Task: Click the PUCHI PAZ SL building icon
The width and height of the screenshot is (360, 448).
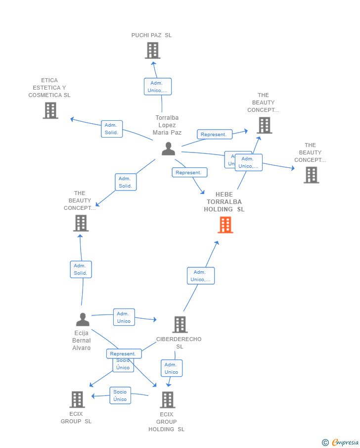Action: [x=152, y=50]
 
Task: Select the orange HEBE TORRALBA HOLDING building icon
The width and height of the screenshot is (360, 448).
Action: [x=225, y=225]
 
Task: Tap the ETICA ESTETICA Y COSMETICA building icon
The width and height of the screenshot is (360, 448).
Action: [x=50, y=110]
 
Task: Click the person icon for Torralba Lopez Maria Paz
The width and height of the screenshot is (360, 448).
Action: [x=168, y=149]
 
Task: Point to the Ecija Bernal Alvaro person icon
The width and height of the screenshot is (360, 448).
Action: [x=83, y=319]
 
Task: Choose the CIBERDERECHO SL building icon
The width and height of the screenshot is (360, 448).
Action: [x=180, y=325]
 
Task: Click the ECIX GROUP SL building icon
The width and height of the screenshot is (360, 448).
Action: [x=77, y=399]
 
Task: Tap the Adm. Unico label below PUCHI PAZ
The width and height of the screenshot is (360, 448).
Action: [x=158, y=87]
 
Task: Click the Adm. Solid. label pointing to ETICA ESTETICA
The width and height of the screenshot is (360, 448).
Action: [x=111, y=129]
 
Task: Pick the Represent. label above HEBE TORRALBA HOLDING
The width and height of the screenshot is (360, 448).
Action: [x=189, y=173]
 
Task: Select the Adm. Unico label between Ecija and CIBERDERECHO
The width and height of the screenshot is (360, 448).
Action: [x=124, y=317]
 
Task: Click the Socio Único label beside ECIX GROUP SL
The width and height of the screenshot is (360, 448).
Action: [x=120, y=396]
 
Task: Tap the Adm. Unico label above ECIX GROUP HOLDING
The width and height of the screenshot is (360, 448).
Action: [x=171, y=368]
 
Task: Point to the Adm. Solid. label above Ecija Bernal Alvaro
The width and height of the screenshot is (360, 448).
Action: [x=81, y=269]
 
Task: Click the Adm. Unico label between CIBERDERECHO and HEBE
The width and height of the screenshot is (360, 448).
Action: [x=200, y=276]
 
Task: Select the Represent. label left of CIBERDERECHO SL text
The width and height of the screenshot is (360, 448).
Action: [x=124, y=353]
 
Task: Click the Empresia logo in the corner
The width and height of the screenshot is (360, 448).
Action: [x=341, y=442]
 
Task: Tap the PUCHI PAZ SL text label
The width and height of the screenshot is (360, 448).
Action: [x=151, y=35]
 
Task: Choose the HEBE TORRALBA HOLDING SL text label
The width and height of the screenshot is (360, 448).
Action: [x=224, y=202]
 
